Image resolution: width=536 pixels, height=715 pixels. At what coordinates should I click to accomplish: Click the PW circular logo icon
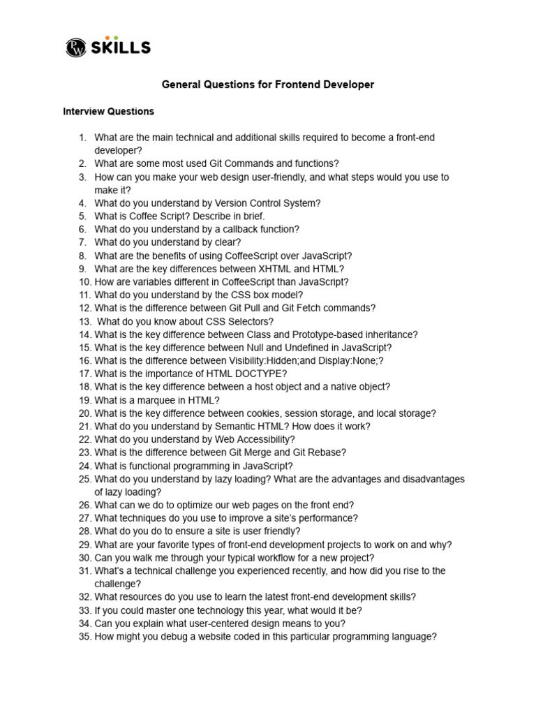point(75,47)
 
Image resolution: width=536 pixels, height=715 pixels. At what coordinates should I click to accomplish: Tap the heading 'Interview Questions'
point(108,112)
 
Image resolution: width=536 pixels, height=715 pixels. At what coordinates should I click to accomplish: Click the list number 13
point(84,321)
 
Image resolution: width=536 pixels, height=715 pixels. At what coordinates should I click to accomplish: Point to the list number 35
point(84,637)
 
